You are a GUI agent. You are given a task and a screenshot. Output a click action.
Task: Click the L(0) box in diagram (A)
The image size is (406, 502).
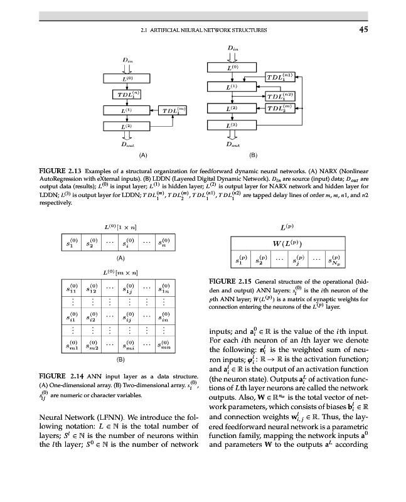click(127, 78)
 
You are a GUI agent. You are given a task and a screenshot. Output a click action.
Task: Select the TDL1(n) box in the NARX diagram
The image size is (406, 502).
click(127, 94)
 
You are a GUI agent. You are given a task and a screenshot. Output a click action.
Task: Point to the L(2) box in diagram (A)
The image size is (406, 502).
click(127, 127)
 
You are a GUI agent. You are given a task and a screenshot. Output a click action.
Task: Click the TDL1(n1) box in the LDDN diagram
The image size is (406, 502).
click(279, 77)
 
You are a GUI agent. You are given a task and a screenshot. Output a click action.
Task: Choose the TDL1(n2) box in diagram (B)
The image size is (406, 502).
click(279, 95)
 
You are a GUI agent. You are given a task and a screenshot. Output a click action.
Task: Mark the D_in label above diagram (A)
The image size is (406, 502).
click(127, 60)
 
